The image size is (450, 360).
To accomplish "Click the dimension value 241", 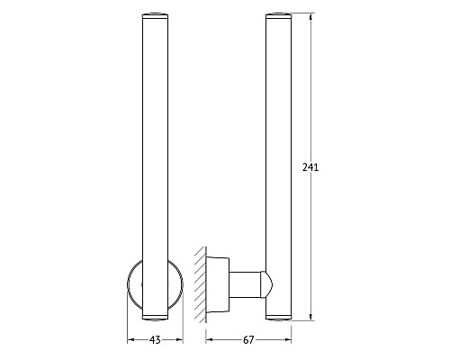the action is pyautogui.click(x=310, y=167).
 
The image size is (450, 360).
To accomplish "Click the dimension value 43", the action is pyautogui.click(x=155, y=340).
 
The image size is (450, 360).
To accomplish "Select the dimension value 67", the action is pyautogui.click(x=248, y=340).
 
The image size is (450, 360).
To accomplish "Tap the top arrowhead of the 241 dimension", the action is pyautogui.click(x=310, y=17).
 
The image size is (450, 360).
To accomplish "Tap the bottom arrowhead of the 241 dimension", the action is pyautogui.click(x=310, y=317).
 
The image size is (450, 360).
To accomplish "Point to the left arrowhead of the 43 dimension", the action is pyautogui.click(x=130, y=340).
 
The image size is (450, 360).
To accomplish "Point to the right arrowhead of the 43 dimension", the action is pyautogui.click(x=179, y=340).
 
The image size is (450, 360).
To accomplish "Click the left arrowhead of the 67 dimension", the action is pyautogui.click(x=210, y=340).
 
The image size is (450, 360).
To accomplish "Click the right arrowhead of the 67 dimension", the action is pyautogui.click(x=288, y=340).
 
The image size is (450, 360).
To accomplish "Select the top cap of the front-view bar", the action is pyautogui.click(x=155, y=16).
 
